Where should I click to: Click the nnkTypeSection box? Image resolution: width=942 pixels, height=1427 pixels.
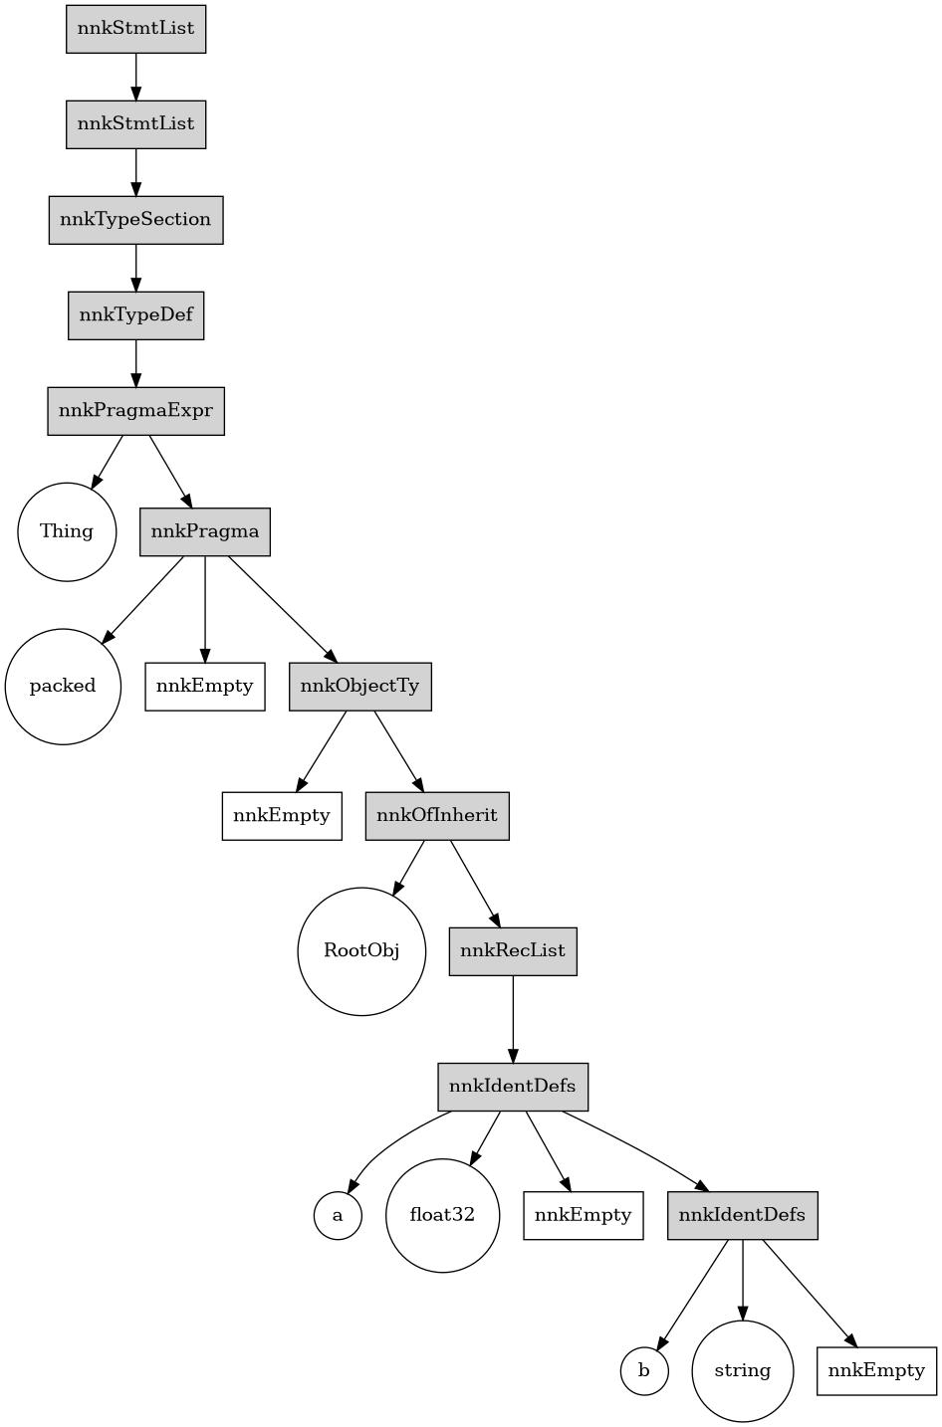pyautogui.click(x=136, y=220)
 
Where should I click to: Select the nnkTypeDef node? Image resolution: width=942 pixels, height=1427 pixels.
pyautogui.click(x=136, y=315)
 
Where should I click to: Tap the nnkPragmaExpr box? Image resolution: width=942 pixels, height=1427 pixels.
pyautogui.click(x=136, y=411)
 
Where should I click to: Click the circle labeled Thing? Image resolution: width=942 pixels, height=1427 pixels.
pyautogui.click(x=67, y=531)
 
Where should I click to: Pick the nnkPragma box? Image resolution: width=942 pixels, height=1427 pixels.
pyautogui.click(x=205, y=531)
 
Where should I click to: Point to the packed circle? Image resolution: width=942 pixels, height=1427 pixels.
pyautogui.click(x=63, y=687)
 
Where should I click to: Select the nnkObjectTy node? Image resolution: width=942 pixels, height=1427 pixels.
pyautogui.click(x=360, y=687)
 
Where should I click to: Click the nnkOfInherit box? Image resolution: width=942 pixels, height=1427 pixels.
pyautogui.click(x=437, y=816)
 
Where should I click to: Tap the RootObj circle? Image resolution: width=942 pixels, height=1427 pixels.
pyautogui.click(x=361, y=951)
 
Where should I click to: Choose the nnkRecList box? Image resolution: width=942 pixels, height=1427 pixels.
pyautogui.click(x=513, y=951)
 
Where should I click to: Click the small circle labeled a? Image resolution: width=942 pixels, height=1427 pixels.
pyautogui.click(x=338, y=1215)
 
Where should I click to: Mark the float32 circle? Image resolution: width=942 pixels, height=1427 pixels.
pyautogui.click(x=442, y=1215)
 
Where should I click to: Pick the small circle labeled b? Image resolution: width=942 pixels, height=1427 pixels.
pyautogui.click(x=644, y=1371)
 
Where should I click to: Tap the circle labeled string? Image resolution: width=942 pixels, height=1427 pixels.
pyautogui.click(x=743, y=1371)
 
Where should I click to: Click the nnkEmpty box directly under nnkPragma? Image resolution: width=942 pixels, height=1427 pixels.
pyautogui.click(x=205, y=687)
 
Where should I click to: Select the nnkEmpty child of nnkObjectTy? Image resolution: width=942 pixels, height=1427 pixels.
pyautogui.click(x=282, y=816)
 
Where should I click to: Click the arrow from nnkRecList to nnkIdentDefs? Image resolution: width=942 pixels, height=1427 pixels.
pyautogui.click(x=513, y=1019)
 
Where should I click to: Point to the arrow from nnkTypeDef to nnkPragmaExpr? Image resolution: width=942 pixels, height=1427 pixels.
pyautogui.click(x=136, y=363)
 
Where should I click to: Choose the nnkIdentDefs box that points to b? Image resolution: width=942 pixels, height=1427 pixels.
pyautogui.click(x=743, y=1215)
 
